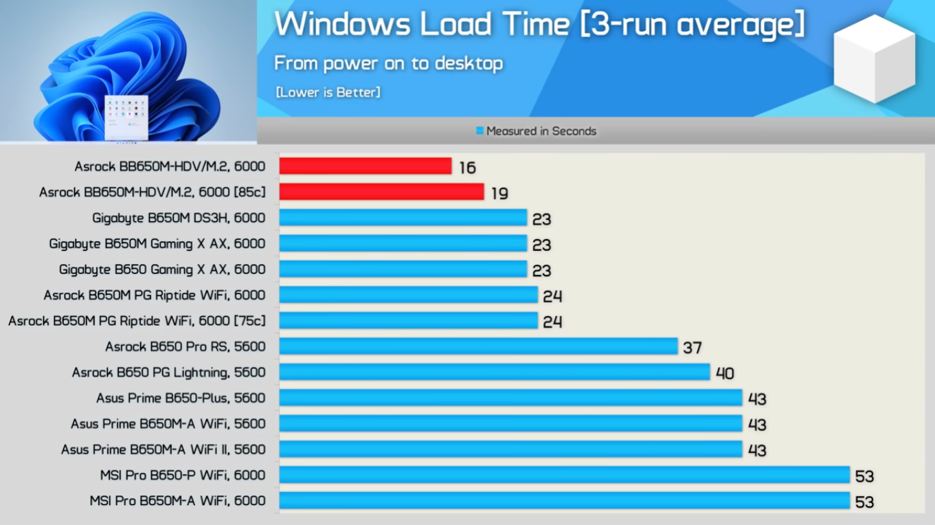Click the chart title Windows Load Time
pos(539,25)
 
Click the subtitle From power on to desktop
pos(389,63)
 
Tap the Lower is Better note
pos(328,92)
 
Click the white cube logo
pos(874,59)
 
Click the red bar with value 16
pos(365,166)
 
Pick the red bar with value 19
pos(381,192)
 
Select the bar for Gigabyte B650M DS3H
pos(403,218)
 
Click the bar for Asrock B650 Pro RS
pos(478,346)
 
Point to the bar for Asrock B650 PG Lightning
pos(494,372)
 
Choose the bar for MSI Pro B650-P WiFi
pos(564,475)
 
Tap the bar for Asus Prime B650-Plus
pos(510,398)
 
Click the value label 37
pos(692,348)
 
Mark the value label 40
pos(725,373)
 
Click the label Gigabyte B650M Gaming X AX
pos(157,244)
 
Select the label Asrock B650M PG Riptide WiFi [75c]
pos(137,321)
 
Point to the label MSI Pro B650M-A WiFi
pos(177,501)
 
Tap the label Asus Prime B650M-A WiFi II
pos(163,449)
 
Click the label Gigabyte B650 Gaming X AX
pos(161,269)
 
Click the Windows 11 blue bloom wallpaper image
pos(128,71)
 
